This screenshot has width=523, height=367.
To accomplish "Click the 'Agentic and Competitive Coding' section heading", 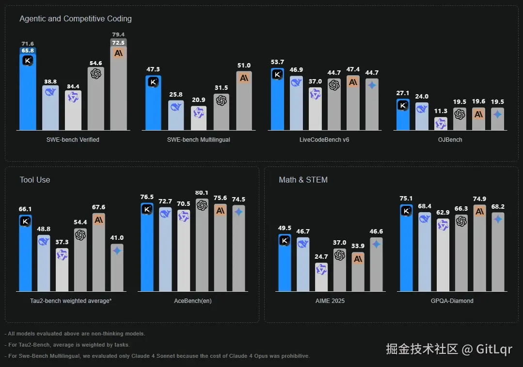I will [76, 19].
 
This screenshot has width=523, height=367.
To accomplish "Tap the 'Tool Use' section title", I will [35, 180].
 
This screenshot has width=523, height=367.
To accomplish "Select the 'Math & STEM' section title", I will [303, 180].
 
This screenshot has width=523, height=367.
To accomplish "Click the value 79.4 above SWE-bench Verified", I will [118, 34].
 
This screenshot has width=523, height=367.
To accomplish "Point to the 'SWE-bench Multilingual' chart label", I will [198, 140].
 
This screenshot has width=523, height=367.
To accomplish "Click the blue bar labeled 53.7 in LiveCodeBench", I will [277, 102].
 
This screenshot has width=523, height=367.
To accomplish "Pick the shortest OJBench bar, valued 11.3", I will [441, 124].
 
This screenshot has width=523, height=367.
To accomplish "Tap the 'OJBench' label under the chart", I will [450, 140].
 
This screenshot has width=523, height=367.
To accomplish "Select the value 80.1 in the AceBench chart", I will [202, 193].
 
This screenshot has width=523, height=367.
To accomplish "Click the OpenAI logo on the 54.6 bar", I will [96, 73].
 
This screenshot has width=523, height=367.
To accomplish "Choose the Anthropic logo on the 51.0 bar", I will [244, 78].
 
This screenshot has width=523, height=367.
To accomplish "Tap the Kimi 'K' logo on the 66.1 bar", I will [25, 221].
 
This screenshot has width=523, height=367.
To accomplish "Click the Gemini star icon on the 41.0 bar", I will [117, 250].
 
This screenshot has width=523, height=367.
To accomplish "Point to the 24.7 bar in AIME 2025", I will [321, 278].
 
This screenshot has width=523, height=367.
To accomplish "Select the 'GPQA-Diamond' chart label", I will [452, 301].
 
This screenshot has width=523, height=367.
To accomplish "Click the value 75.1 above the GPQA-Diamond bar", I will [406, 198].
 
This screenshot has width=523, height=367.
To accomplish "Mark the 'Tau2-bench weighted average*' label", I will [71, 301].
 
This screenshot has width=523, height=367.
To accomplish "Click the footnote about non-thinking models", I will [76, 334].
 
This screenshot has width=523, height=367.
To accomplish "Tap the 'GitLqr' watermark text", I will [494, 349].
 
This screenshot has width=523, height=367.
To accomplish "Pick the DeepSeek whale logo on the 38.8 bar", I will [50, 92].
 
